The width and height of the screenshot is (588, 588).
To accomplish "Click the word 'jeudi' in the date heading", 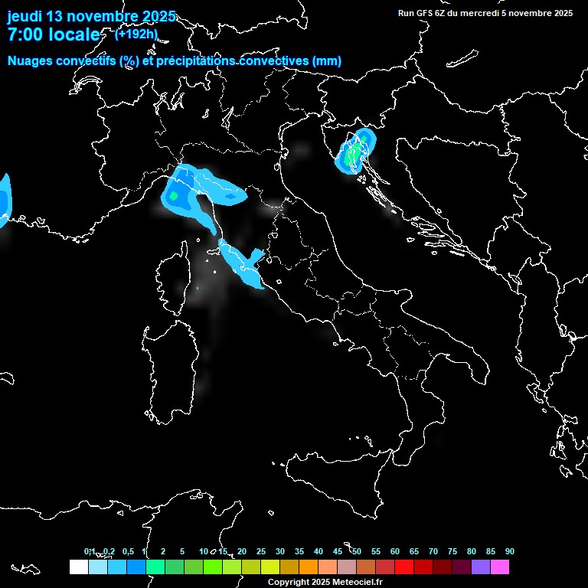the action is (x=24, y=16).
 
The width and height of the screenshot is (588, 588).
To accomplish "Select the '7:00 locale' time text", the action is (x=53, y=34).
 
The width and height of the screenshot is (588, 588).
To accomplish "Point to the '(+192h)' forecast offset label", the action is (x=136, y=34).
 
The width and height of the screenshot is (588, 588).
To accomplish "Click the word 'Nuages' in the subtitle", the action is (x=30, y=61).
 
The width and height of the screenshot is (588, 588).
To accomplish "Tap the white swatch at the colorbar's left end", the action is (x=78, y=567).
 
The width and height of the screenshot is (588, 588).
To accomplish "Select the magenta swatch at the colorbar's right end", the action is (x=499, y=567).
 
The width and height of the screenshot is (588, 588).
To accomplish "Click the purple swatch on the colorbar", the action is (x=480, y=567).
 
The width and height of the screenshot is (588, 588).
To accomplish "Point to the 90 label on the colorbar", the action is (x=510, y=552).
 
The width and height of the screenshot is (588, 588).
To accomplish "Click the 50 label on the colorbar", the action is (x=357, y=552).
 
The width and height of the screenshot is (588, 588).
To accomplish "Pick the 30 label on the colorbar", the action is (x=280, y=552).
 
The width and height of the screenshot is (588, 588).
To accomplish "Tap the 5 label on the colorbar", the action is (x=182, y=552).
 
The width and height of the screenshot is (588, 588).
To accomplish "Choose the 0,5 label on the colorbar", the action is (x=129, y=552).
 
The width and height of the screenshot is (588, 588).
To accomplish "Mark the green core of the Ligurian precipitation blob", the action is (x=173, y=196).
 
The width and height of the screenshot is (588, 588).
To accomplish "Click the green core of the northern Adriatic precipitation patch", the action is (x=353, y=155).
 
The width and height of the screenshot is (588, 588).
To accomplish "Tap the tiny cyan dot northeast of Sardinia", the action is (x=197, y=288).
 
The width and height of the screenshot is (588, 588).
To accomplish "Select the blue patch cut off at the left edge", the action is (x=4, y=198).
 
